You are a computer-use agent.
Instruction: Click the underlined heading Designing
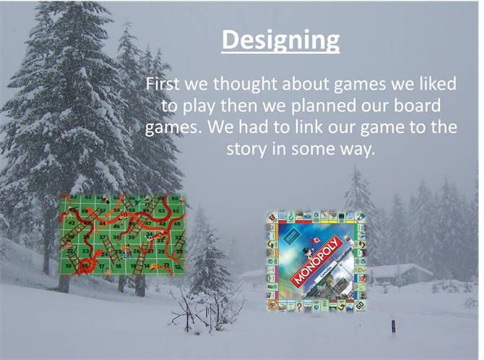point(280,40)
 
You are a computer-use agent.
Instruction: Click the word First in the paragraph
point(162,83)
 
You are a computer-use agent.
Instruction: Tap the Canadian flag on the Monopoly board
point(316,240)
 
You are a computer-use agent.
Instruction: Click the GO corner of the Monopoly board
point(360,305)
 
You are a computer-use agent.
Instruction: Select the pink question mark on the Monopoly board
point(299,307)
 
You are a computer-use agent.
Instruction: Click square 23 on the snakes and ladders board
point(85,252)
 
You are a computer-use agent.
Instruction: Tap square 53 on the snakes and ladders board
point(161,211)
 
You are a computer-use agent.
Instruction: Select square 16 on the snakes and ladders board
point(118,266)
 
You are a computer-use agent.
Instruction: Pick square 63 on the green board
point(88,197)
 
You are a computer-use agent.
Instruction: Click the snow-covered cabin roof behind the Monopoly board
point(401,270)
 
